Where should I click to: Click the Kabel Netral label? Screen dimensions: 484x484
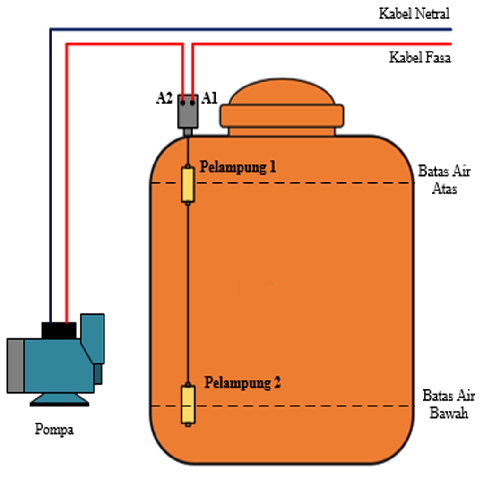click(414, 14)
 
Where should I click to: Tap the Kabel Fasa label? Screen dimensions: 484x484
click(420, 58)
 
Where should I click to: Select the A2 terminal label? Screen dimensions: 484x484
click(165, 98)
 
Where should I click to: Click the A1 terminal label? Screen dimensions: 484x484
click(209, 98)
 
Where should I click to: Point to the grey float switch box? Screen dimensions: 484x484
click(188, 111)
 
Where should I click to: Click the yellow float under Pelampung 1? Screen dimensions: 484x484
click(188, 184)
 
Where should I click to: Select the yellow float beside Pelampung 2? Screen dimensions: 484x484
click(188, 405)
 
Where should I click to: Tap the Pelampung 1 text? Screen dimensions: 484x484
click(238, 167)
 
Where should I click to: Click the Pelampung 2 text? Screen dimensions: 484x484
click(242, 382)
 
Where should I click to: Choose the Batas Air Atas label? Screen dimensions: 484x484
click(444, 180)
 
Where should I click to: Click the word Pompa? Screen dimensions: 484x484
click(54, 430)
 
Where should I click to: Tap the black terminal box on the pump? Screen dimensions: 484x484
click(59, 330)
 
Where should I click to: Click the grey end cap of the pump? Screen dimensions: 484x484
click(15, 365)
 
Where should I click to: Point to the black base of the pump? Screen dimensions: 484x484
click(60, 403)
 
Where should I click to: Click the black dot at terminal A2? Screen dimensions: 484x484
click(182, 101)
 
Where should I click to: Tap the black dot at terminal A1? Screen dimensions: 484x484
click(192, 101)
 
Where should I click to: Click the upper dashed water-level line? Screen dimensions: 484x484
click(302, 183)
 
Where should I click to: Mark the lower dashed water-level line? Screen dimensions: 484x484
click(302, 406)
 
